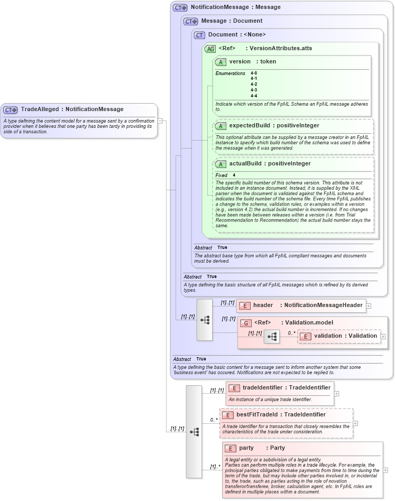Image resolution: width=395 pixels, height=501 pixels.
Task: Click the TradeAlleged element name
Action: click(40, 109)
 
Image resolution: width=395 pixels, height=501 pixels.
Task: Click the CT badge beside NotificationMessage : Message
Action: click(180, 8)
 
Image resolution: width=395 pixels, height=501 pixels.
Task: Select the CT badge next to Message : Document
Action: click(190, 21)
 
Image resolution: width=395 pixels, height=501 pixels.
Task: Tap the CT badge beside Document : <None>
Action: click(199, 35)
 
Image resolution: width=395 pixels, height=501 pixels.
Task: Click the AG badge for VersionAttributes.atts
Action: click(210, 49)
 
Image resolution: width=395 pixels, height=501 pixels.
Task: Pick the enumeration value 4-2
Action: click(254, 85)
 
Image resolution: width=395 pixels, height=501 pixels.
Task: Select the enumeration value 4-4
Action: click(254, 96)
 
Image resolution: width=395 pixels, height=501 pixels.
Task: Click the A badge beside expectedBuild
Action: click(221, 126)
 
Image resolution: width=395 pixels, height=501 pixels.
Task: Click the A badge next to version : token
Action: click(221, 62)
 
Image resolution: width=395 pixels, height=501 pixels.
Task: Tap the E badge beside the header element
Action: click(245, 305)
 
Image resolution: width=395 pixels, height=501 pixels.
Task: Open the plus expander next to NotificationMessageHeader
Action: click(369, 305)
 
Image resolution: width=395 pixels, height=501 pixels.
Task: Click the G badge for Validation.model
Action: click(246, 323)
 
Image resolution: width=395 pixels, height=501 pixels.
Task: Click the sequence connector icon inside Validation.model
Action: click(272, 336)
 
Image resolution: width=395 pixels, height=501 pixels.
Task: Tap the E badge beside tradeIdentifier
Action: click(234, 388)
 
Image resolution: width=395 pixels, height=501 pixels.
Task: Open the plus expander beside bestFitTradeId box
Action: click(355, 423)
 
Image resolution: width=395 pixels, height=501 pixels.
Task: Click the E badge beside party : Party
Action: click(230, 448)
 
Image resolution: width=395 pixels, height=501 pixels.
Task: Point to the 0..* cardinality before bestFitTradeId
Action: click(214, 420)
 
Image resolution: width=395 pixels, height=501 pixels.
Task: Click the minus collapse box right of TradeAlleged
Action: click(160, 120)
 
